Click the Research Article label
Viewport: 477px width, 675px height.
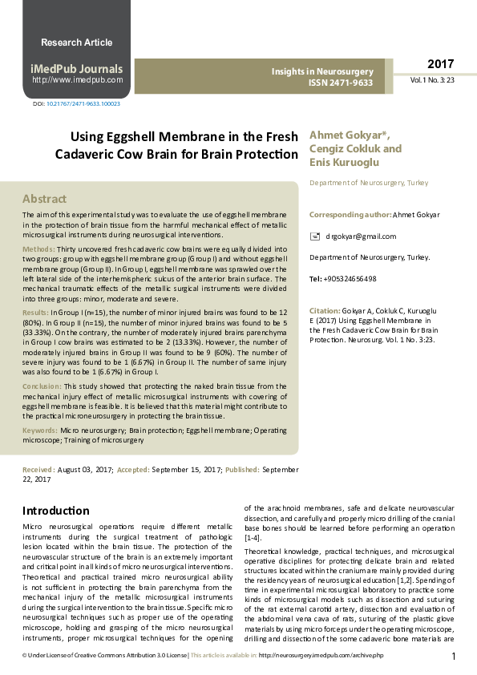pyautogui.click(x=76, y=42)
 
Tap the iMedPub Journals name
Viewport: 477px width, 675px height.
pyautogui.click(x=76, y=68)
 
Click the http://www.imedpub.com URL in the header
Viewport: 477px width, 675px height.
pyautogui.click(x=77, y=80)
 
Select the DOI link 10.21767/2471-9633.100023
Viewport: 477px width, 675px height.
pyautogui.click(x=83, y=104)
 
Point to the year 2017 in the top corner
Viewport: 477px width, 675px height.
pyautogui.click(x=440, y=64)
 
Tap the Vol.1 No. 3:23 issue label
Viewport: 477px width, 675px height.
pyautogui.click(x=433, y=81)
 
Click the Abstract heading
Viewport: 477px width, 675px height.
pyautogui.click(x=44, y=198)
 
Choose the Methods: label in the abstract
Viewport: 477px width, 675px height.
pyautogui.click(x=38, y=249)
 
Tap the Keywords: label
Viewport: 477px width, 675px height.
pyautogui.click(x=40, y=430)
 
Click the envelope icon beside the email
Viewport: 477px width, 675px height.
pyautogui.click(x=315, y=236)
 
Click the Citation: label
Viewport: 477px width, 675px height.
pyautogui.click(x=325, y=310)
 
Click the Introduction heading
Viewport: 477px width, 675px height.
pyautogui.click(x=55, y=511)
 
